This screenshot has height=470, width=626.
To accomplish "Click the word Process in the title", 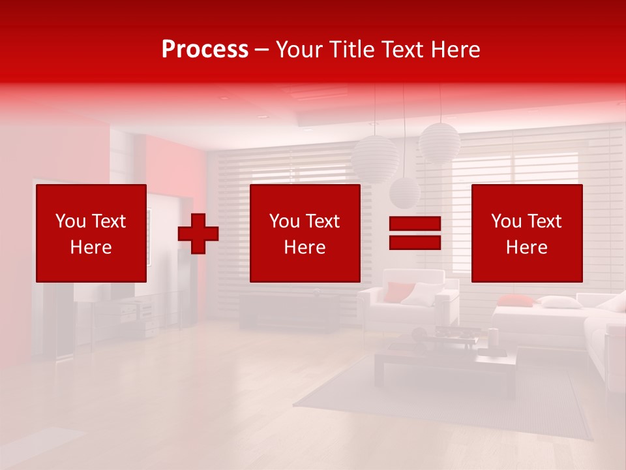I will (x=205, y=50).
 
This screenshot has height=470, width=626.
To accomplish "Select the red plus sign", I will (x=198, y=233).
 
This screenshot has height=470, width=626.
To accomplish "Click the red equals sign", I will (x=415, y=233).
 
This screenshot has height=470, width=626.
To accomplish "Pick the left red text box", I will (x=91, y=233).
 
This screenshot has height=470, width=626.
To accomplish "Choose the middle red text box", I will (x=305, y=233).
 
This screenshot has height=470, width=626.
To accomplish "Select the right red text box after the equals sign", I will (x=526, y=233).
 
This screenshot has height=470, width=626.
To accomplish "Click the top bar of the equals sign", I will (x=415, y=225).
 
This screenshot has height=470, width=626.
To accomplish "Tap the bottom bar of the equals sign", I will (x=415, y=242).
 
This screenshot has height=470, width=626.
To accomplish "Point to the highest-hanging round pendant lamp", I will (x=440, y=142).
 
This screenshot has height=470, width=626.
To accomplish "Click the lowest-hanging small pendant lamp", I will (x=405, y=192).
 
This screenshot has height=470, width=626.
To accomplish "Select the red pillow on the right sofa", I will (x=516, y=300).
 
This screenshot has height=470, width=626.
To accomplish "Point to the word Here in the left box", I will (x=91, y=247).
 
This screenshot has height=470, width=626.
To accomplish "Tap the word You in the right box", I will (x=506, y=221).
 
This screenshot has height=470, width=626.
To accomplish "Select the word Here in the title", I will (x=456, y=50).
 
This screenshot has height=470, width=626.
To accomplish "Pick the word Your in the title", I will (x=300, y=50).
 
